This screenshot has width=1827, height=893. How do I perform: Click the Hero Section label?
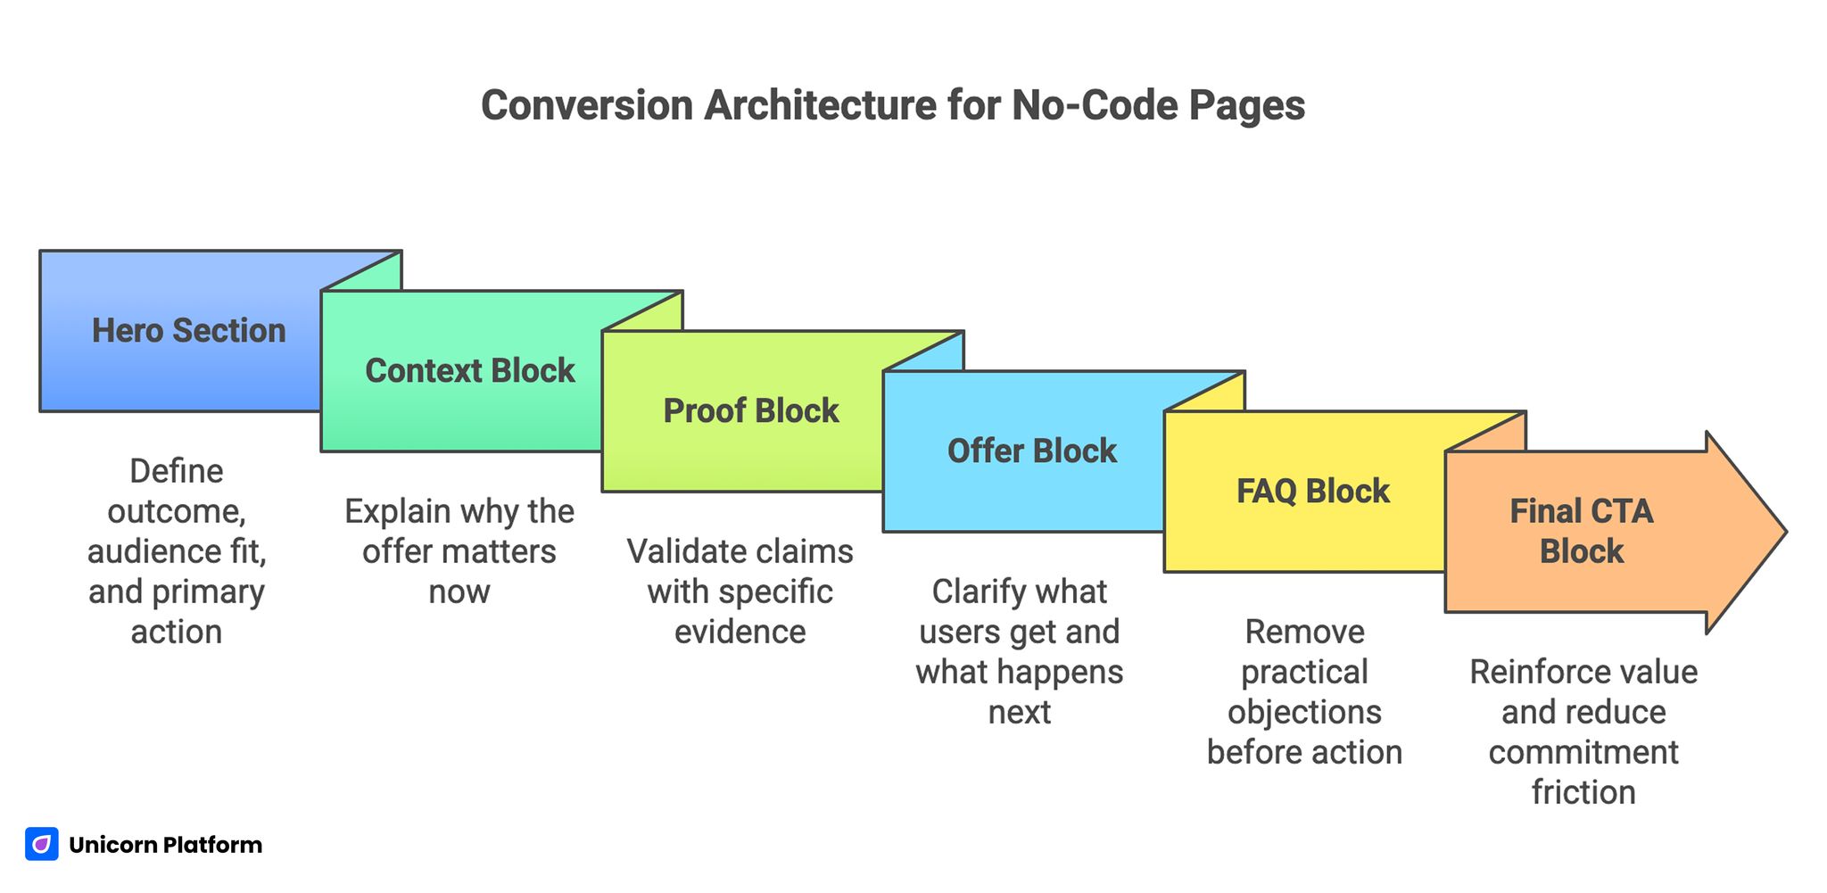[x=188, y=331]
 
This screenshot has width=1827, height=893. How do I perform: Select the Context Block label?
[x=469, y=371]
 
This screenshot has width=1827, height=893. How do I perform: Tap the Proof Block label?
[x=750, y=411]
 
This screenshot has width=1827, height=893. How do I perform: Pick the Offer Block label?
[x=1031, y=451]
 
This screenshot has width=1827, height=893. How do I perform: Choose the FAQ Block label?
[x=1312, y=492]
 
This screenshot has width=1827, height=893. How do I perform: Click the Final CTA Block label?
[x=1581, y=531]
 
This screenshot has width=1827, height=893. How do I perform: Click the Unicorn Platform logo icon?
[x=42, y=844]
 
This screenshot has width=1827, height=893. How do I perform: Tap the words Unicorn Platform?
[x=165, y=845]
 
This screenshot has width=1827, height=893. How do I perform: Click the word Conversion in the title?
[x=586, y=105]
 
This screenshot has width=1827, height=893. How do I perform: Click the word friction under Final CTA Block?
[x=1583, y=792]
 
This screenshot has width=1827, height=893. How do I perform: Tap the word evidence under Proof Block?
[x=740, y=632]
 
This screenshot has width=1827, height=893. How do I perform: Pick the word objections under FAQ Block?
[x=1303, y=712]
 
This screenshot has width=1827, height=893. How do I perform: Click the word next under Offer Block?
[x=1019, y=712]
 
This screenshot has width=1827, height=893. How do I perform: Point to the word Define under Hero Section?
[x=176, y=471]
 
